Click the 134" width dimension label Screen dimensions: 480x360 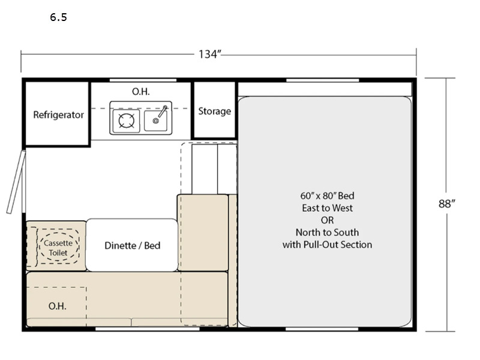(209, 54)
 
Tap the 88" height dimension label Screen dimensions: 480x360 (446, 203)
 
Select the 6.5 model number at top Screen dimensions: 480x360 (58, 17)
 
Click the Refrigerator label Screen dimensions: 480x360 (58, 115)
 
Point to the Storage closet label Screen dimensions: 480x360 (215, 111)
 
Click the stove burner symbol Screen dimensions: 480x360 (126, 121)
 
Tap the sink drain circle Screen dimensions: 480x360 (155, 121)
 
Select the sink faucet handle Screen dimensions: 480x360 (163, 111)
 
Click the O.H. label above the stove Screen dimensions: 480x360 (141, 92)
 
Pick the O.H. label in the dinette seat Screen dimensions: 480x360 (57, 306)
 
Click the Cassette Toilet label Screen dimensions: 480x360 (58, 248)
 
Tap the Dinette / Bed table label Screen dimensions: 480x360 (132, 245)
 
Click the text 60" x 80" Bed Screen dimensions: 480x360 (327, 196)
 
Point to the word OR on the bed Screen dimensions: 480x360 (327, 220)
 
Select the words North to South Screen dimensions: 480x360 (327, 232)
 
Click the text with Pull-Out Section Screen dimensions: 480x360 (327, 245)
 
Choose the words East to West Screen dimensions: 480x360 (327, 208)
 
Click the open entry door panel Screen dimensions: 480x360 (16, 182)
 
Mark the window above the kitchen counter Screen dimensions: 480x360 (143, 80)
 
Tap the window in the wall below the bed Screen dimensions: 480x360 (322, 329)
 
